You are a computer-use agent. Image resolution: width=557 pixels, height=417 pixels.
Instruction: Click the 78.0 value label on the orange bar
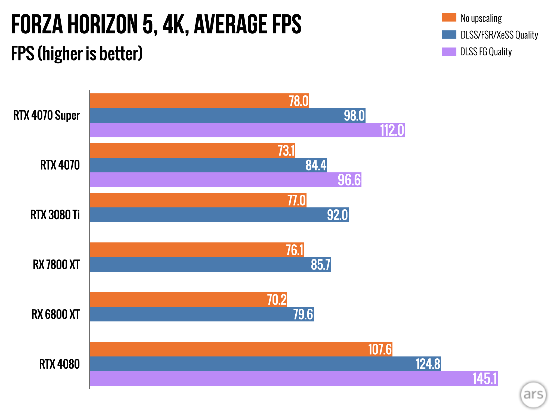click(x=299, y=101)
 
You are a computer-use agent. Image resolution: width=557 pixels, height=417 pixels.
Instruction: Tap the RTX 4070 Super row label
click(x=47, y=115)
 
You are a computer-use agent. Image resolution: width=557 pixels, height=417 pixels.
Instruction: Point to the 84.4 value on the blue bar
click(x=316, y=165)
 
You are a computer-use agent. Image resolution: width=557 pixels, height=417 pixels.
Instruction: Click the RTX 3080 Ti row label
click(x=55, y=215)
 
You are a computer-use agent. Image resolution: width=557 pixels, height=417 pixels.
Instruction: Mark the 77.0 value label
click(x=296, y=200)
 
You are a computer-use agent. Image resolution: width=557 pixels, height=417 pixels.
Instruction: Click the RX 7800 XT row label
click(x=56, y=265)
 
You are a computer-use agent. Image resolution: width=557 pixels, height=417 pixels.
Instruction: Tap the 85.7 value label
click(x=320, y=265)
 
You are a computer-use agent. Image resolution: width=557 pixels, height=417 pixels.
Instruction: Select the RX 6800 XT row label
click(x=55, y=314)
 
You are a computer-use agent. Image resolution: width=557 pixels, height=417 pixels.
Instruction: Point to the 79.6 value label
click(x=303, y=314)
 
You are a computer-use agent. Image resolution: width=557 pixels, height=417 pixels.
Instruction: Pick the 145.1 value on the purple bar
click(x=485, y=379)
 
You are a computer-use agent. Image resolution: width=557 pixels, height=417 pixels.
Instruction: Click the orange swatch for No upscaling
click(x=449, y=18)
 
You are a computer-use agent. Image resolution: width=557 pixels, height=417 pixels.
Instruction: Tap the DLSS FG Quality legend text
click(x=486, y=52)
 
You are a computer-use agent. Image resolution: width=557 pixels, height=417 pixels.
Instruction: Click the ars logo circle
click(x=533, y=394)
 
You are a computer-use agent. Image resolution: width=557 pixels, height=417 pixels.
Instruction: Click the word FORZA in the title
click(x=37, y=24)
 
